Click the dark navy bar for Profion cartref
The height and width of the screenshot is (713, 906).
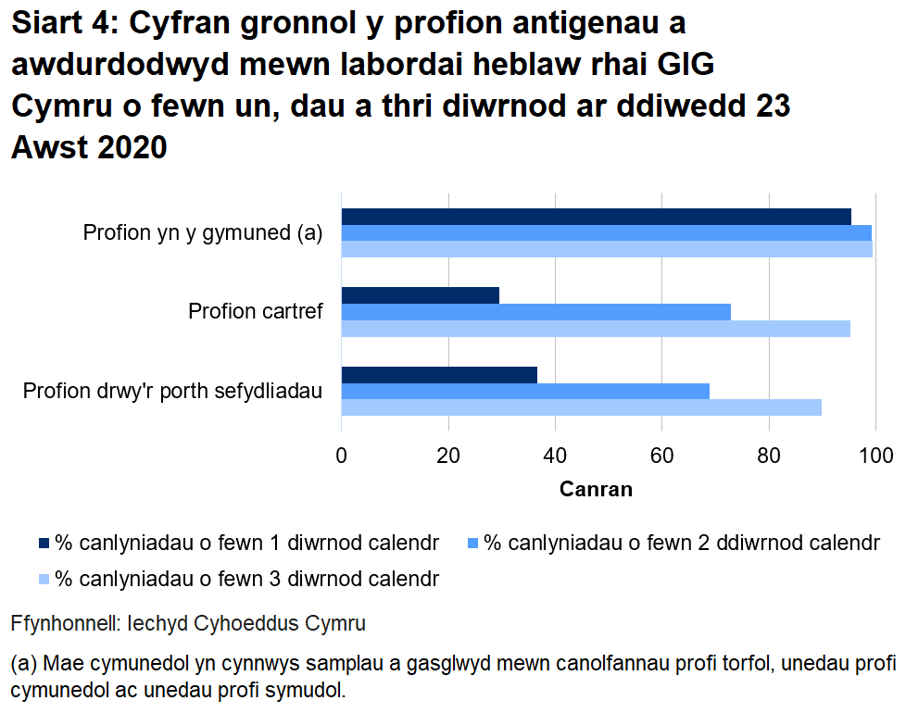pyautogui.click(x=421, y=295)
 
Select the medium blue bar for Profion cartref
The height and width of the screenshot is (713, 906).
pyautogui.click(x=536, y=312)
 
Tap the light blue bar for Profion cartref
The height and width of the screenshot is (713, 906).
pyautogui.click(x=596, y=328)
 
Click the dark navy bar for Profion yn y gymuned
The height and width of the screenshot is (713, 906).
pyautogui.click(x=597, y=217)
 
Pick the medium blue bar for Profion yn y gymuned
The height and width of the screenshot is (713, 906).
pyautogui.click(x=607, y=232)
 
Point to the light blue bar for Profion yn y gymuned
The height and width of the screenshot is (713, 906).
pyautogui.click(x=607, y=248)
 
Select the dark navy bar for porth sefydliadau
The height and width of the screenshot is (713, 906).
pyautogui.click(x=439, y=374)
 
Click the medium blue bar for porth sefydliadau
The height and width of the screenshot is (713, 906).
pyautogui.click(x=525, y=391)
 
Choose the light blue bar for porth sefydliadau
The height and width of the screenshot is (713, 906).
pyautogui.click(x=582, y=407)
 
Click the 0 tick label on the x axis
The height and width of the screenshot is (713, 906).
pyautogui.click(x=342, y=455)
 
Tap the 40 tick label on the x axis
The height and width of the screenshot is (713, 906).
pyautogui.click(x=555, y=455)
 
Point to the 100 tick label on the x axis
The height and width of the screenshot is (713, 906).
pyautogui.click(x=875, y=455)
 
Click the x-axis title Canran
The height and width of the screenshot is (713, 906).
pyautogui.click(x=596, y=489)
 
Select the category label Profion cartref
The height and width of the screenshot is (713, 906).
pyautogui.click(x=256, y=311)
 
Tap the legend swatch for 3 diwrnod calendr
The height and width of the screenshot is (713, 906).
pyautogui.click(x=44, y=581)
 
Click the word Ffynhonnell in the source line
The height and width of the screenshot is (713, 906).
pyautogui.click(x=63, y=624)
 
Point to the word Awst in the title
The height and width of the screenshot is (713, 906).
pyautogui.click(x=49, y=147)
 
